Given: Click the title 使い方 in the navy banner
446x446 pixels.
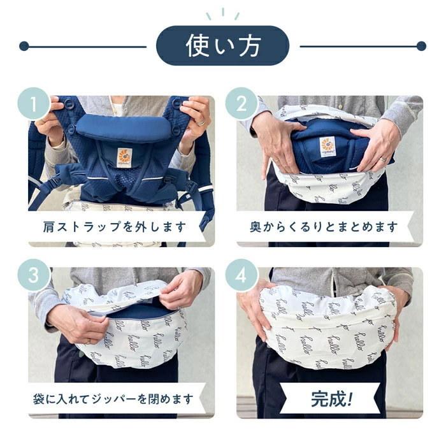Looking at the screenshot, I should [x=222, y=46].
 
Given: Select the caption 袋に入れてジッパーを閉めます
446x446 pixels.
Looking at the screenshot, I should [x=115, y=399].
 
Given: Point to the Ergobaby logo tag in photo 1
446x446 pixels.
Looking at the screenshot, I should [x=123, y=157].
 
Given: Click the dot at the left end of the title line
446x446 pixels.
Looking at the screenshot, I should [x=24, y=46].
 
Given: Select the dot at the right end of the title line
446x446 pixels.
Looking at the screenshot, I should [x=421, y=46].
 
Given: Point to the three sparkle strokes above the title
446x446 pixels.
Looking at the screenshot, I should [x=222, y=14].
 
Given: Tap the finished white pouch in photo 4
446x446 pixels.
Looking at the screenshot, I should [x=328, y=325].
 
